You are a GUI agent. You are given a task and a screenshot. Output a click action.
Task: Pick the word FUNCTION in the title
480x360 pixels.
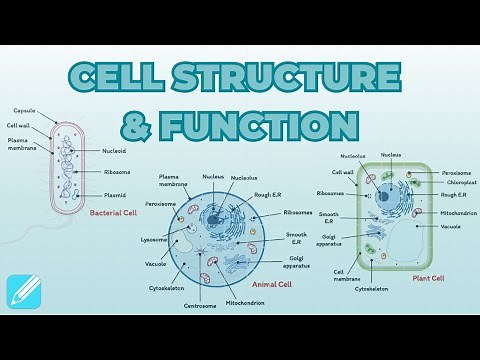(269, 125)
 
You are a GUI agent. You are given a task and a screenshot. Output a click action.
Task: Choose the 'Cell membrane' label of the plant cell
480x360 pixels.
(347, 274)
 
